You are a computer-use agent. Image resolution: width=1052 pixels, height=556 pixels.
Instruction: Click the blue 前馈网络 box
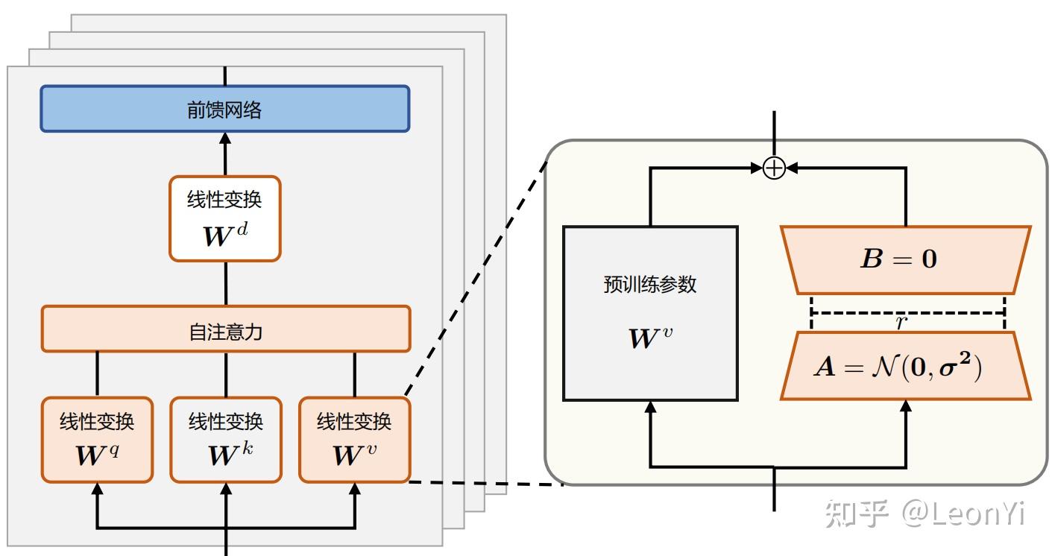[224, 109]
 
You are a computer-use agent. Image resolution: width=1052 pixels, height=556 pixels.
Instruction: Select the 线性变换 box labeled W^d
[224, 218]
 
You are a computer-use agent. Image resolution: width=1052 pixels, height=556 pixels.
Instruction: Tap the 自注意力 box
[225, 329]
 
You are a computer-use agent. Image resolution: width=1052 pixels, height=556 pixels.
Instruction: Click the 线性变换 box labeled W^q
[97, 440]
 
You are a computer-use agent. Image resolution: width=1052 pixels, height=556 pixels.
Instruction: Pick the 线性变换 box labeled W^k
[225, 440]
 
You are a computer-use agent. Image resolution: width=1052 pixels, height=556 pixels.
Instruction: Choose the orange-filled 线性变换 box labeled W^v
[354, 440]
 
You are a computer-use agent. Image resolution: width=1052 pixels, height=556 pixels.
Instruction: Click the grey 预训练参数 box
[650, 314]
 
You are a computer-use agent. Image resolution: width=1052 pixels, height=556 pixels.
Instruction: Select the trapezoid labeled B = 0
[905, 260]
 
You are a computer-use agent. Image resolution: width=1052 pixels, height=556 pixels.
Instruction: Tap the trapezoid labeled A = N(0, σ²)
[905, 366]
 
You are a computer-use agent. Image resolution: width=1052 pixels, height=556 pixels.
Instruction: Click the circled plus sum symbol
[775, 168]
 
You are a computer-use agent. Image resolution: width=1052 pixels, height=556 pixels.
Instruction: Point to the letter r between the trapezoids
[901, 322]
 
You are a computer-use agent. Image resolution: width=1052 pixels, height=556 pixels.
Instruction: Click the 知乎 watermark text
[857, 514]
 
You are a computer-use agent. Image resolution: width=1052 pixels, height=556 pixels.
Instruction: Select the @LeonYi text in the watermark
[963, 514]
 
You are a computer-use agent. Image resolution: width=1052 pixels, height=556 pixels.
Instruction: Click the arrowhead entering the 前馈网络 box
[225, 138]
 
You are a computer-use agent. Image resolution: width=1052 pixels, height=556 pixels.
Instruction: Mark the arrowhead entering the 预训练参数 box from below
[650, 407]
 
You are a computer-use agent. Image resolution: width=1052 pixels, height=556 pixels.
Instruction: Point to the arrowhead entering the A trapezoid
[906, 406]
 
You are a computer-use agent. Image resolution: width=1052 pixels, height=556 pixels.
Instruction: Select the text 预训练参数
[650, 285]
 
